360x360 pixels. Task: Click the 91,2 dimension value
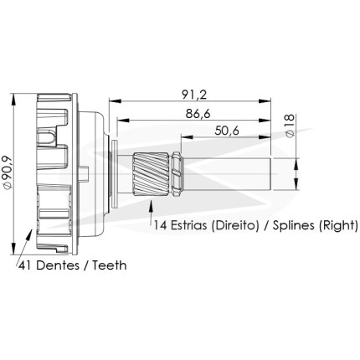click(x=194, y=95)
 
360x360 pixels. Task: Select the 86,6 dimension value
click(x=198, y=114)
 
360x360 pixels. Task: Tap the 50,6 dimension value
click(x=227, y=131)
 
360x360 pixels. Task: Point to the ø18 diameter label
click(x=290, y=126)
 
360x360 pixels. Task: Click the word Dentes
click(x=58, y=265)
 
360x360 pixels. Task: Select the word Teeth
click(x=110, y=265)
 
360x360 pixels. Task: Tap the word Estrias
click(x=189, y=225)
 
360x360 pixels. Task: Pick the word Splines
click(x=294, y=225)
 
